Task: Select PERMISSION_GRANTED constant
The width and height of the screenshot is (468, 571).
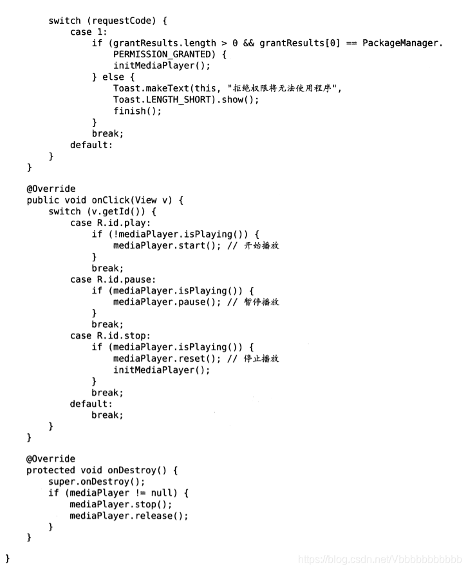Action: [x=163, y=55]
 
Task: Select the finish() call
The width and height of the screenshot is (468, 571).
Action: [x=137, y=111]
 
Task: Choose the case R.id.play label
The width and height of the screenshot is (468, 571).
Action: [x=113, y=223]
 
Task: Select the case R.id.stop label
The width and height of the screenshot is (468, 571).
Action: [x=113, y=335]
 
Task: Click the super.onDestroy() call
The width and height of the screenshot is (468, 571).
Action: [x=97, y=482]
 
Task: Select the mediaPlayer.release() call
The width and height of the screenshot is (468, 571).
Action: [x=129, y=516]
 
